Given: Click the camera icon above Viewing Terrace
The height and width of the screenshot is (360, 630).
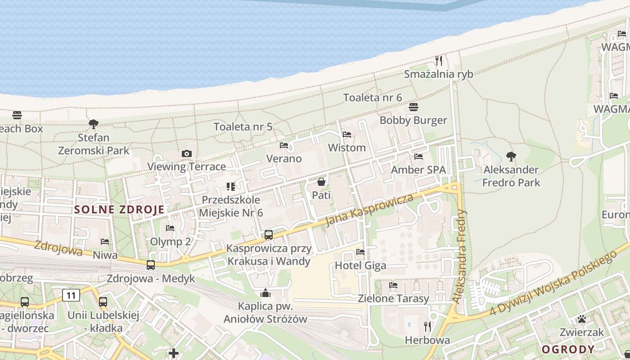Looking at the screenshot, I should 187,154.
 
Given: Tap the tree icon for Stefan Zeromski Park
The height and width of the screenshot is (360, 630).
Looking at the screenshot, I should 94,124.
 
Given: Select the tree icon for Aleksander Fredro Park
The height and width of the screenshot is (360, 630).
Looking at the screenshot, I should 511,157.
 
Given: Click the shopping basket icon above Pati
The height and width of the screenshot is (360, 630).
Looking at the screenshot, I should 321,182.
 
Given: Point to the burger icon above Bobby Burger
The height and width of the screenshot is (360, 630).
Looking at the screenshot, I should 414,107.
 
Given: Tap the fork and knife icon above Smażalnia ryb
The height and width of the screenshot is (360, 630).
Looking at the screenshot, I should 439,60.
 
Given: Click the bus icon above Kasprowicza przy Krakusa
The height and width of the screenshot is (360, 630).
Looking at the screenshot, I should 269,234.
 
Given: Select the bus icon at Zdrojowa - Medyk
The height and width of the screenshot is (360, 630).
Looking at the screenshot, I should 151,265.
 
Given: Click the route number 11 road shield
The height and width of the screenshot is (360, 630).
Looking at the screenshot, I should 71,295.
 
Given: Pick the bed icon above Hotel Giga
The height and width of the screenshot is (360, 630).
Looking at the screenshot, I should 360,252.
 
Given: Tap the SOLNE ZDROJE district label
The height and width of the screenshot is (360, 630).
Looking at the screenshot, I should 119,209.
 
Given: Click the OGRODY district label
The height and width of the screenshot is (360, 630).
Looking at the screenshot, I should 568,349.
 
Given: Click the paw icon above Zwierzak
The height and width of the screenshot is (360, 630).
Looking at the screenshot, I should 582,319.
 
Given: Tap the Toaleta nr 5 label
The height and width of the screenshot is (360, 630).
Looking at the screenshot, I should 243,126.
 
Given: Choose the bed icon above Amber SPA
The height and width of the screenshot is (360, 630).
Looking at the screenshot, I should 418,157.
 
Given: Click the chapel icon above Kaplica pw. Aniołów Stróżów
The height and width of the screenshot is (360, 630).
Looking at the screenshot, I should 265,293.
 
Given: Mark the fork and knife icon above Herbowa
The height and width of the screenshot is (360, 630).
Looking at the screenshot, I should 427,326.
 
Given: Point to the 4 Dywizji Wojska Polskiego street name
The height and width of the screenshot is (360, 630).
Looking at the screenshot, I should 553,283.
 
